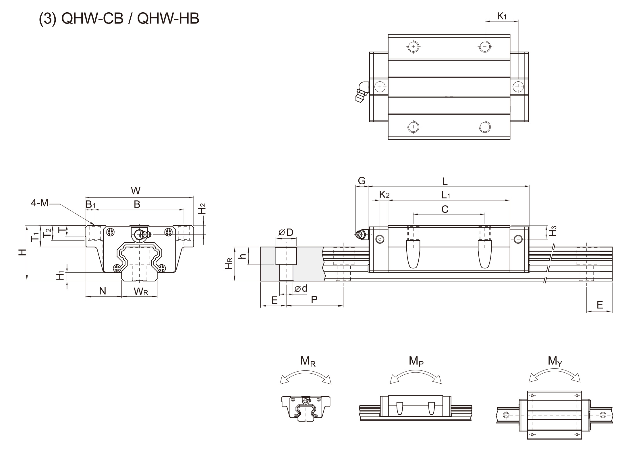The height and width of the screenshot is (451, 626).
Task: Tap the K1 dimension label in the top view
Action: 502,17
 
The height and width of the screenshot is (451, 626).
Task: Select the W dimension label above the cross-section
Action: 136,191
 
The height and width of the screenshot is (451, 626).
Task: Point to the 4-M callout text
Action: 40,203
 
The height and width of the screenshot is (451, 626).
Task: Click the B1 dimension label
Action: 90,205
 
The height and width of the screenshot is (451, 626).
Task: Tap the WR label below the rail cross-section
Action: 141,291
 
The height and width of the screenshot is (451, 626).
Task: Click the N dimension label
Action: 103,291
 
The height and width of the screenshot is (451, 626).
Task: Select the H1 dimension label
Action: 60,276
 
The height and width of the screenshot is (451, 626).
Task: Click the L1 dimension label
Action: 445,196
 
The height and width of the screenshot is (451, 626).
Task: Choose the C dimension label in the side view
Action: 445,209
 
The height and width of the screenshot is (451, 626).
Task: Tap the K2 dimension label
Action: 384,194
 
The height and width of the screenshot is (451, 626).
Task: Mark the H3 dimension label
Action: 553,231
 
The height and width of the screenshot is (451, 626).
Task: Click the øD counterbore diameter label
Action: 286,233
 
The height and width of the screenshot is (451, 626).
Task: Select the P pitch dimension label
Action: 314,300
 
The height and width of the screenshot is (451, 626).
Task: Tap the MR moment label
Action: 308,361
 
